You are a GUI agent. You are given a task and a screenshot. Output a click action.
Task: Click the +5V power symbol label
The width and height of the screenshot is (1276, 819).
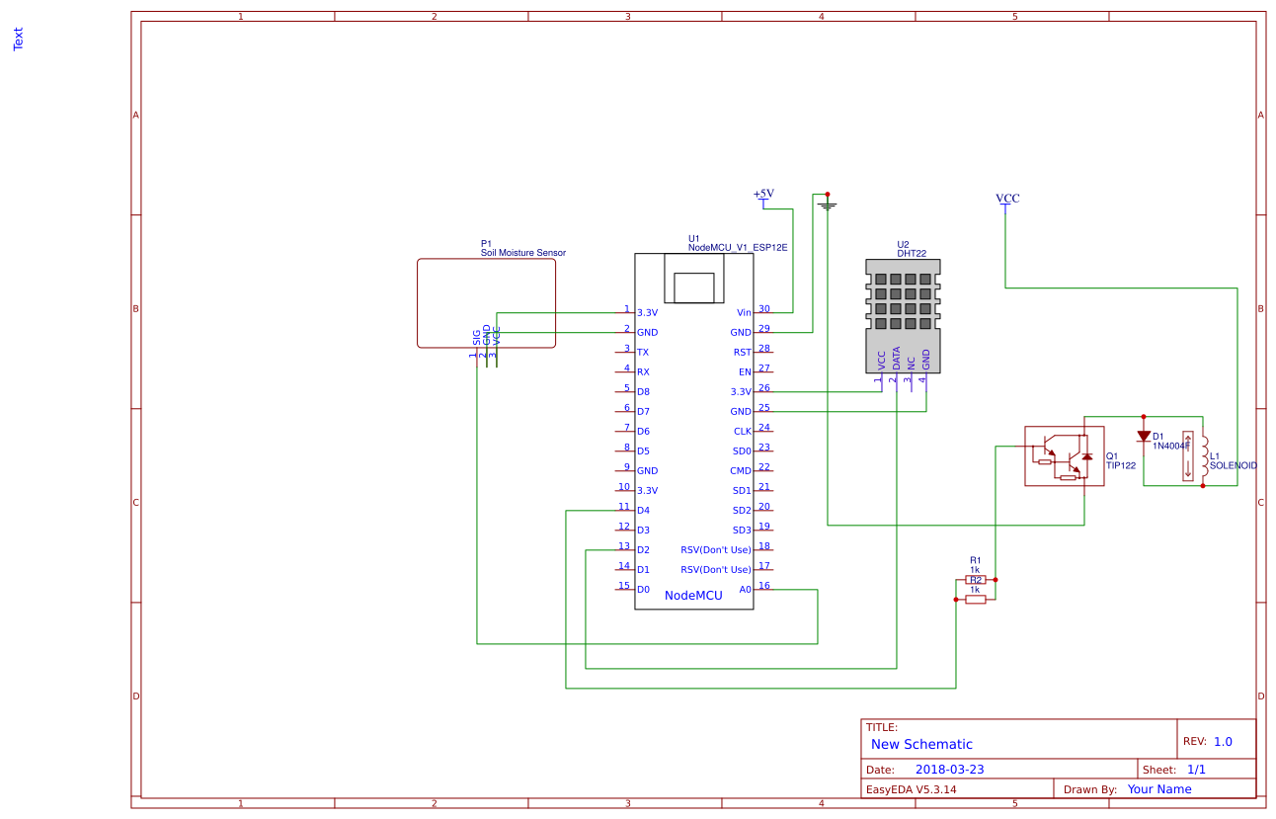(x=763, y=194)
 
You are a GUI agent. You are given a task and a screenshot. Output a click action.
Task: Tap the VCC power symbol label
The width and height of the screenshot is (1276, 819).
(x=1007, y=198)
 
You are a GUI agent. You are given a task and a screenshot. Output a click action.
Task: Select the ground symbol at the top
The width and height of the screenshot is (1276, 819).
(x=828, y=205)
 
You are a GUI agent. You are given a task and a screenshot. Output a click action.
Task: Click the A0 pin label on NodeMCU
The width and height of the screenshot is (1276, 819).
(x=745, y=589)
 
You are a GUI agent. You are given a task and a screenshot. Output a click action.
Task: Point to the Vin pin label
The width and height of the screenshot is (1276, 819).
(x=744, y=312)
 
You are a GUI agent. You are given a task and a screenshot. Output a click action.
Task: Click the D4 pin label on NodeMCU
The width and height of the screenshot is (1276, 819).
(x=643, y=510)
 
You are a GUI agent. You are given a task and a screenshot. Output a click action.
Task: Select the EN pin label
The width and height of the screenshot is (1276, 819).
(x=745, y=371)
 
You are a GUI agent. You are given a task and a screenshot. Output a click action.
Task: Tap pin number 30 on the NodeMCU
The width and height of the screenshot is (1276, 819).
(x=763, y=308)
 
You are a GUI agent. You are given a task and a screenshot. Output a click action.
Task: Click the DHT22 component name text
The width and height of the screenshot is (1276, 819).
(x=911, y=253)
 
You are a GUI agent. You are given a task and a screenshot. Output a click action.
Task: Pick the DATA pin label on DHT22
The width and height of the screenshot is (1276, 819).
(x=897, y=359)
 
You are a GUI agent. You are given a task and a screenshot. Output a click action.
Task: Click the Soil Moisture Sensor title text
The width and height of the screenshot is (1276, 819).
(x=523, y=253)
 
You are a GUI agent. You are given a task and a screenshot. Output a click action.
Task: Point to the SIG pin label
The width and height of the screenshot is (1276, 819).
(x=477, y=338)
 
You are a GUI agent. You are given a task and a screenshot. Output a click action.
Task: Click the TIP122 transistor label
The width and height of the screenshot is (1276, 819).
(x=1121, y=465)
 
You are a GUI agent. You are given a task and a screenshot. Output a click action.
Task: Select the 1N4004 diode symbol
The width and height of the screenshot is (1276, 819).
(x=1144, y=436)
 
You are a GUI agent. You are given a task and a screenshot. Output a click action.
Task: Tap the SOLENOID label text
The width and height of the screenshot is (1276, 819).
(x=1233, y=465)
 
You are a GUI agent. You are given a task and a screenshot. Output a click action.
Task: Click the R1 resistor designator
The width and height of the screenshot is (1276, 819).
(x=975, y=559)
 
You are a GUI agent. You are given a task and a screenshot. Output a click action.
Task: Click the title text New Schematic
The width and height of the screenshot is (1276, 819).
(x=921, y=744)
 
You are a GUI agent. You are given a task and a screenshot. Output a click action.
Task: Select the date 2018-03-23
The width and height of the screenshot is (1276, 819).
(x=949, y=770)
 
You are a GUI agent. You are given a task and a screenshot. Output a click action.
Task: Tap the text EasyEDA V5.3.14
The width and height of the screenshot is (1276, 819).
(x=911, y=789)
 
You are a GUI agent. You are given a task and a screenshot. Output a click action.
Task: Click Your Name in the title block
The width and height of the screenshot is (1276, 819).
(x=1159, y=789)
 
